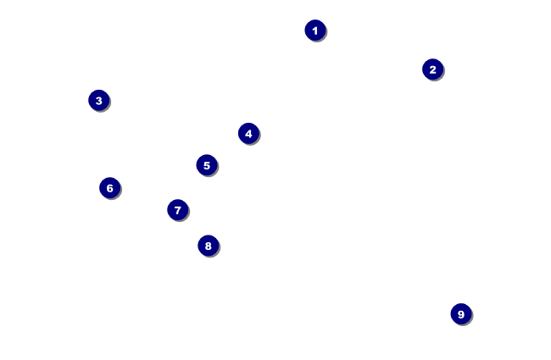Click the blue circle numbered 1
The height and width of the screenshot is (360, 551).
point(314,30)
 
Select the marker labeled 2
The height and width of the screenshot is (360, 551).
point(432,69)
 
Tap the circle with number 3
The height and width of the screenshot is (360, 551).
point(98,101)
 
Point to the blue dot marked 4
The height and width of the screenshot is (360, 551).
point(248,133)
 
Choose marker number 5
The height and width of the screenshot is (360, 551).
point(206,165)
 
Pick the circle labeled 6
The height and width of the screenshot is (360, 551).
point(109,188)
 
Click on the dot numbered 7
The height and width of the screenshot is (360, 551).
point(177,210)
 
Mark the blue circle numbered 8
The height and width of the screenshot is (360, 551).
point(208,246)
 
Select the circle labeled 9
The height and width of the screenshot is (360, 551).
point(460,314)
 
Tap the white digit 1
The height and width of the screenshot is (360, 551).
point(314,30)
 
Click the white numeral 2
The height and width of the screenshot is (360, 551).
point(432,69)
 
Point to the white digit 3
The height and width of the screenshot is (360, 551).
point(98,101)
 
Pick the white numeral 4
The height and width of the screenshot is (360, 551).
point(248,133)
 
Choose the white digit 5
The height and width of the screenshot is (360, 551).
point(206,165)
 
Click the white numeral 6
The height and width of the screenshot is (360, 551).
point(109,188)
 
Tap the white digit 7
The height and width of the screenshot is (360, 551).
point(177,210)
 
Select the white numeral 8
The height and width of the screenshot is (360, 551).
point(208,246)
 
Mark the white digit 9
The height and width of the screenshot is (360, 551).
point(460,314)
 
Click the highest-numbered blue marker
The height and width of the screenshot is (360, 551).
point(460,314)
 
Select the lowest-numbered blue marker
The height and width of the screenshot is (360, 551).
point(314,30)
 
